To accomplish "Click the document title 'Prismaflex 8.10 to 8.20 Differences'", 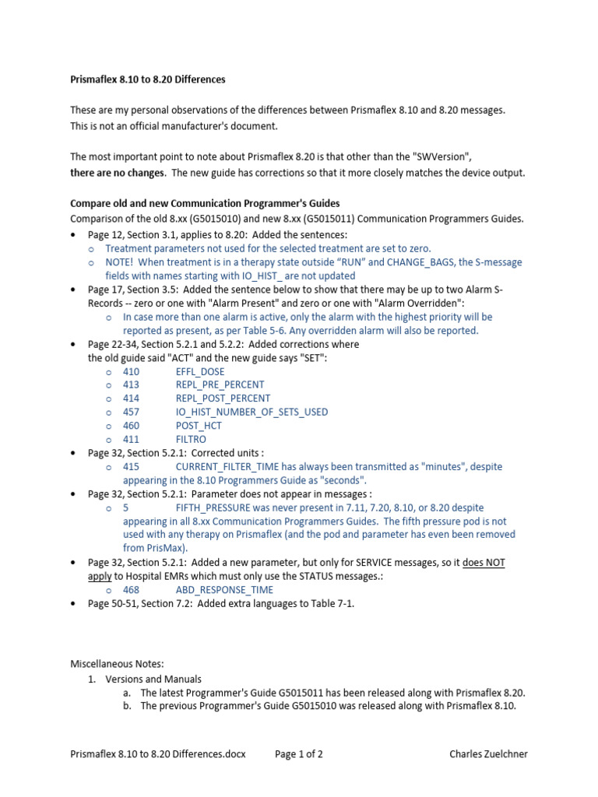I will pyautogui.click(x=148, y=80).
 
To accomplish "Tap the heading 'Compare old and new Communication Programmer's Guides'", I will pyautogui.click(x=205, y=204).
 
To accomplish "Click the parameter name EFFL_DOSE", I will pyautogui.click(x=199, y=372).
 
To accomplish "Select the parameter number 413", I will pyautogui.click(x=131, y=384).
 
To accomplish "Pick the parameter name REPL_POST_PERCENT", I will pyautogui.click(x=223, y=398).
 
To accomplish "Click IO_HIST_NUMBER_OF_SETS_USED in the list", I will pyautogui.click(x=252, y=412).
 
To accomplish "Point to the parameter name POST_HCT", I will pyautogui.click(x=199, y=426).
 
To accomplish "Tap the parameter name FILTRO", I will pyautogui.click(x=192, y=439).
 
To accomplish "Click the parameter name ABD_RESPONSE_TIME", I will pyautogui.click(x=223, y=590).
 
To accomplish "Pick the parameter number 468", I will pyautogui.click(x=131, y=590).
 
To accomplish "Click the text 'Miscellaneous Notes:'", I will pyautogui.click(x=117, y=664).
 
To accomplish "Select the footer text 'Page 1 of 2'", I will pyautogui.click(x=300, y=754).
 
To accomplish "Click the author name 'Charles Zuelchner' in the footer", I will pyautogui.click(x=488, y=754).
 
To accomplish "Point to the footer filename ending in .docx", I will pyautogui.click(x=157, y=754).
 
